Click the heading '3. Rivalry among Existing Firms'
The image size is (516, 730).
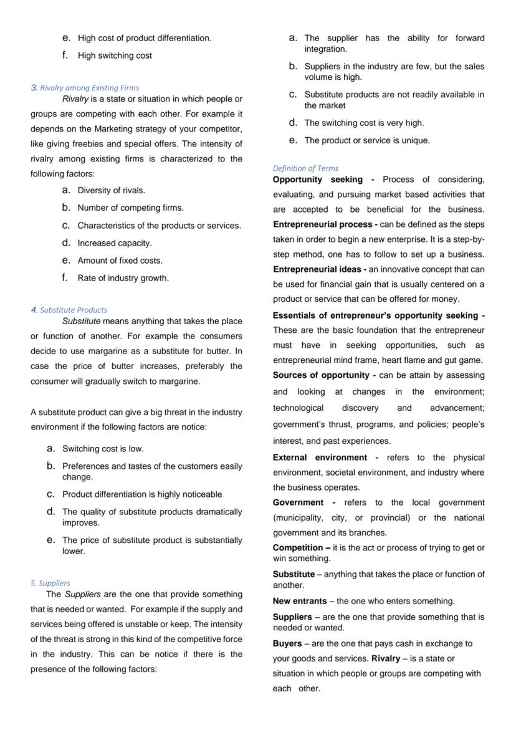point(85,88)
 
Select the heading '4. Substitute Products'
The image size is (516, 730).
point(69,310)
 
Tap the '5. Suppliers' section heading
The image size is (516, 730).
point(50,584)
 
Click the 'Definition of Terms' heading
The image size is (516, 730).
point(305,168)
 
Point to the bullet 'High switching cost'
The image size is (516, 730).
point(115,55)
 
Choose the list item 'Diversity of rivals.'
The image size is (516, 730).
point(111,190)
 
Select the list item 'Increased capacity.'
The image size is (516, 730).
point(115,243)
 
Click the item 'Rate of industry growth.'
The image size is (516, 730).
point(123,278)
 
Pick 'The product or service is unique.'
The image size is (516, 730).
point(366,140)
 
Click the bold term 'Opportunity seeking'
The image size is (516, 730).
point(317,180)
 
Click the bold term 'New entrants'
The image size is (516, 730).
point(300,602)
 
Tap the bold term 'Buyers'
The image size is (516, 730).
point(287,643)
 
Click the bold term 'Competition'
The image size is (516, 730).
point(298,548)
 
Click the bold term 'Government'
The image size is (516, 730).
point(298,502)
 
